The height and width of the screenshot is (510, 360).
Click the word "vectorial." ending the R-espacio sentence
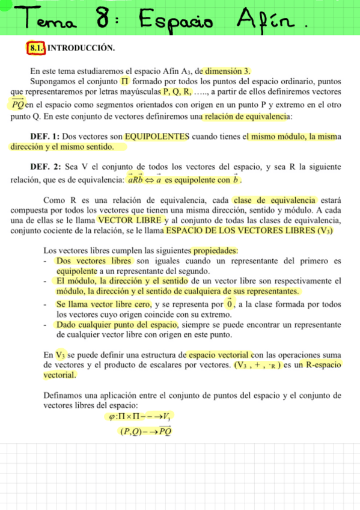tap(60, 375)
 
